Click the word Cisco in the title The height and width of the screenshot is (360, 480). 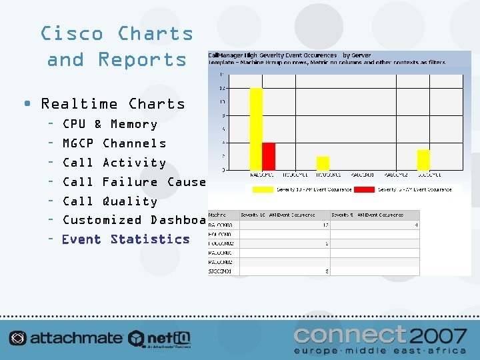coord(72,33)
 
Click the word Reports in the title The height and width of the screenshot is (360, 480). coord(142,59)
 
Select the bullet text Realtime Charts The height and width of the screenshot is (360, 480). coord(113,104)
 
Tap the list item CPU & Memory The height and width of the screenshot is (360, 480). coord(109,124)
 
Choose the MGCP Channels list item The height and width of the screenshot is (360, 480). coord(114,143)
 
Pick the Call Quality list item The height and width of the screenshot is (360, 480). coord(109,201)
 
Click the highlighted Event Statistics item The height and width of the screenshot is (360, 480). coord(125,239)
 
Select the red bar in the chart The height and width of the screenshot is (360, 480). coord(269,156)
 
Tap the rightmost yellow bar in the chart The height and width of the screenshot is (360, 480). coord(423,160)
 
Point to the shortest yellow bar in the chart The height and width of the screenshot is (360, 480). coord(323,163)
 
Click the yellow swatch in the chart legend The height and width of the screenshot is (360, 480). coord(263,189)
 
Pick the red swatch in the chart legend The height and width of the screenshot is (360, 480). coord(364,189)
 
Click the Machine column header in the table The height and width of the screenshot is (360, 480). coord(217,215)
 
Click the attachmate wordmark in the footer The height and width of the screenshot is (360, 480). coord(75,338)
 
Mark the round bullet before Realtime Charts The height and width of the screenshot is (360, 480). coord(26,104)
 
